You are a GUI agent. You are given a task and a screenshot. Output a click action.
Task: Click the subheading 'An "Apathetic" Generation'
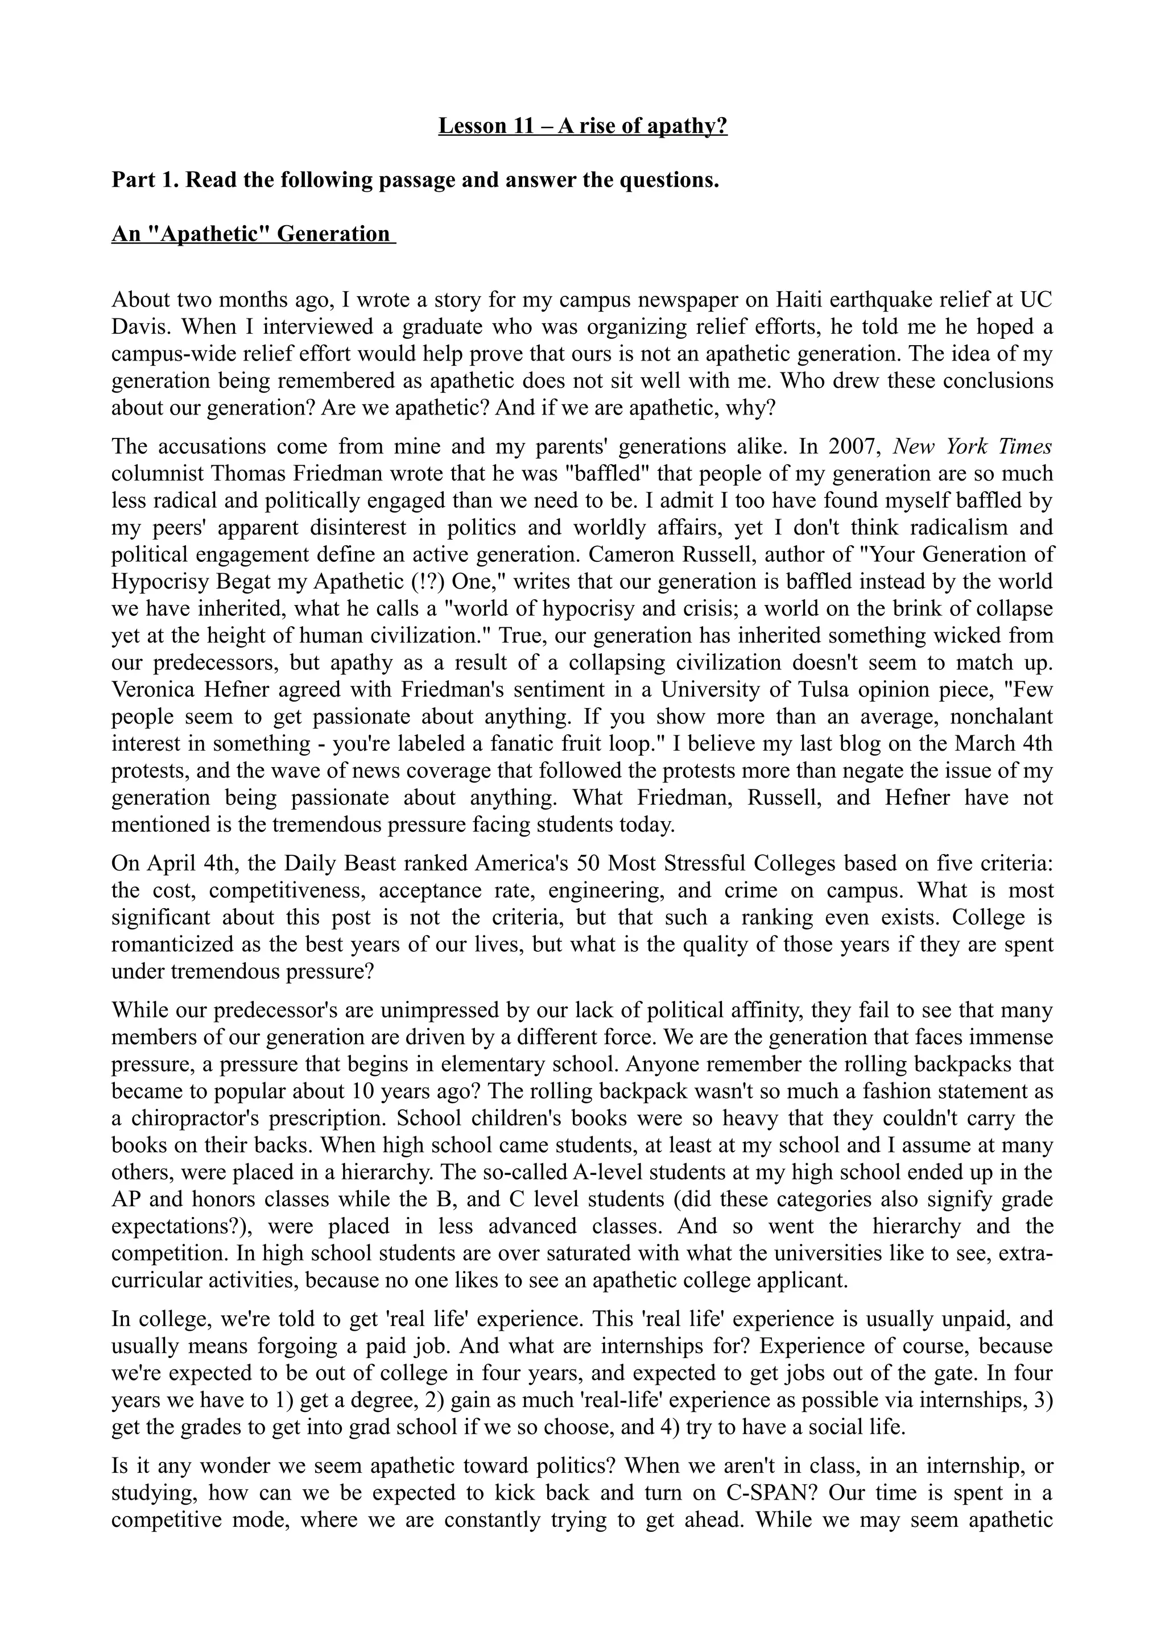pos(253,234)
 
